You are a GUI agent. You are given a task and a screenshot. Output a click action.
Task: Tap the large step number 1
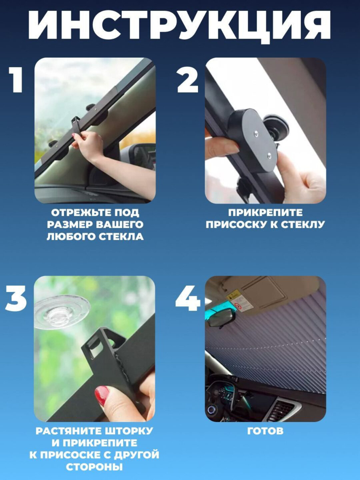pyautogui.click(x=16, y=80)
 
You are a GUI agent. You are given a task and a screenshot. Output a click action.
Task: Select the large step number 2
pyautogui.click(x=188, y=80)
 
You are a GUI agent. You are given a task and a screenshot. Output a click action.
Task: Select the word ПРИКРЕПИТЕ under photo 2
pyautogui.click(x=265, y=213)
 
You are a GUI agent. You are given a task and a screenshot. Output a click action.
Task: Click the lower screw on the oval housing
pyautogui.click(x=270, y=156)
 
